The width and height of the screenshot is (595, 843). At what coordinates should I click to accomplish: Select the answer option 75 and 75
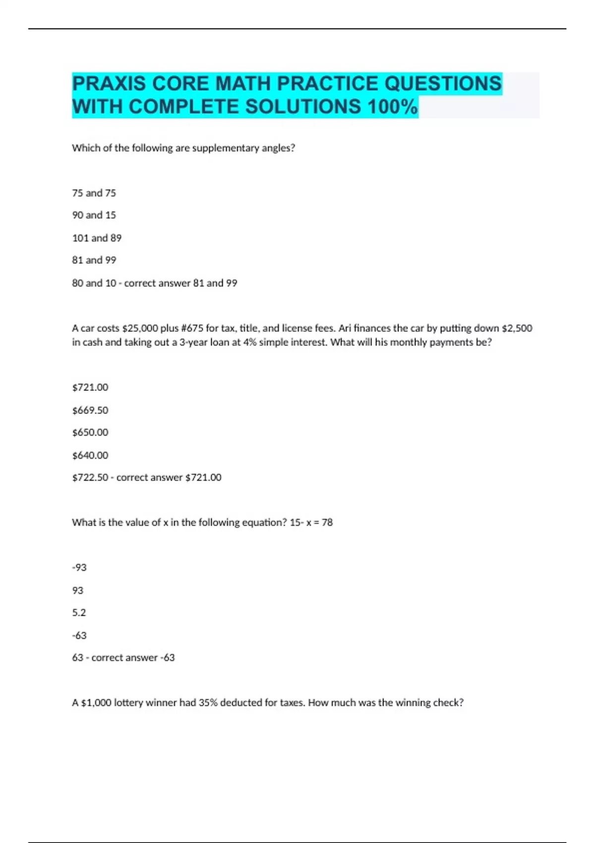94,193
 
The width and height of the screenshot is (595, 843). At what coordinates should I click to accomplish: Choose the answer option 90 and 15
94,215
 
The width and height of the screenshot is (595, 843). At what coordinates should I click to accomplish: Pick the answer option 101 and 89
97,238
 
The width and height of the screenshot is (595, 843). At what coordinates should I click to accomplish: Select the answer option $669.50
90,410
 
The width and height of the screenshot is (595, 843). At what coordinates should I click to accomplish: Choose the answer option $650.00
90,432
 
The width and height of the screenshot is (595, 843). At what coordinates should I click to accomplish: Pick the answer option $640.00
90,455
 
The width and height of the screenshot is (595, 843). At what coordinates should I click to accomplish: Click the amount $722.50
90,478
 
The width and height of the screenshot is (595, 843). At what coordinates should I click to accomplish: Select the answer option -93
79,567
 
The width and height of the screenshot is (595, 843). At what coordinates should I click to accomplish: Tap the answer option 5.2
79,613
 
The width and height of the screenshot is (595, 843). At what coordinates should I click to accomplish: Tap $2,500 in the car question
517,328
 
